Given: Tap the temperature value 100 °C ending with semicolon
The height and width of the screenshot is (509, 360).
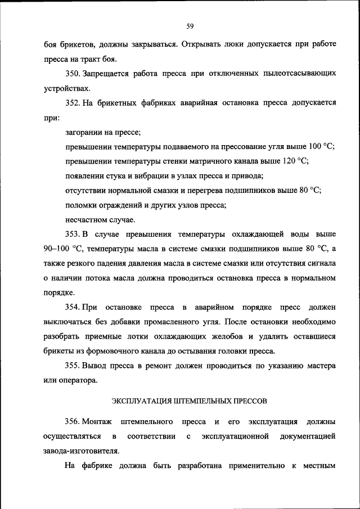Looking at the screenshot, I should click(x=322, y=146).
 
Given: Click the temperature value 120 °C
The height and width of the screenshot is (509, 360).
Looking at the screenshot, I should click(x=295, y=161).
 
